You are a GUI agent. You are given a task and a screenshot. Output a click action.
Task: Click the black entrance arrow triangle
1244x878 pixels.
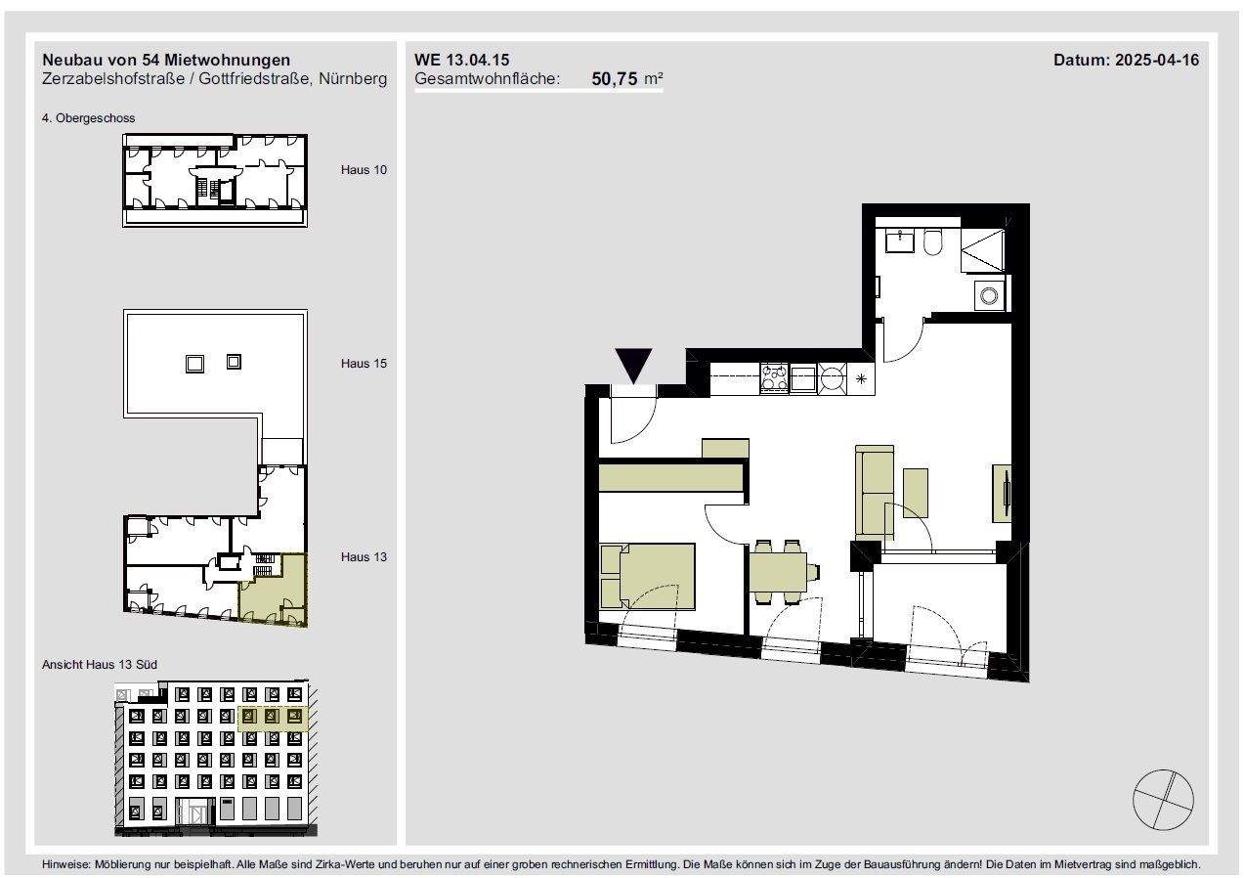pyautogui.click(x=634, y=366)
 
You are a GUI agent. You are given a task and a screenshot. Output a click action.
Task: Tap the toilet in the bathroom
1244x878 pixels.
pyautogui.click(x=933, y=241)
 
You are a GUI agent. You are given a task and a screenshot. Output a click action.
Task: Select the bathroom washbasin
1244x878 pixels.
pyautogui.click(x=900, y=241)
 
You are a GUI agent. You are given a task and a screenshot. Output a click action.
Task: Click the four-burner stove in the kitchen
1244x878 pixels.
pyautogui.click(x=775, y=377)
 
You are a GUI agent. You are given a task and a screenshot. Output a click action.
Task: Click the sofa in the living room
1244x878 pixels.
pyautogui.click(x=875, y=492)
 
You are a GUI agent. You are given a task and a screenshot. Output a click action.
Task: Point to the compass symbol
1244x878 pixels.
pyautogui.click(x=1163, y=800)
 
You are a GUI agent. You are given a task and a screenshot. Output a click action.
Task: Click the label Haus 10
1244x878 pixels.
pyautogui.click(x=364, y=170)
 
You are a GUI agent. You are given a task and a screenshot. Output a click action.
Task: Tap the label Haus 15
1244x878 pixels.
pyautogui.click(x=364, y=364)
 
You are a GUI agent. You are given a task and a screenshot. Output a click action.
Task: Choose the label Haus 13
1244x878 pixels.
pyautogui.click(x=364, y=557)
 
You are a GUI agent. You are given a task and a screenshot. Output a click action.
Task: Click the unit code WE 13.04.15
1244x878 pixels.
pyautogui.click(x=461, y=60)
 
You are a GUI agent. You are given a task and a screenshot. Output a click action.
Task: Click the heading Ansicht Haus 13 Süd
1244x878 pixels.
pyautogui.click(x=100, y=665)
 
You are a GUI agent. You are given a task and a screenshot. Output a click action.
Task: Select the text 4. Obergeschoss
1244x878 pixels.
pyautogui.click(x=89, y=118)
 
